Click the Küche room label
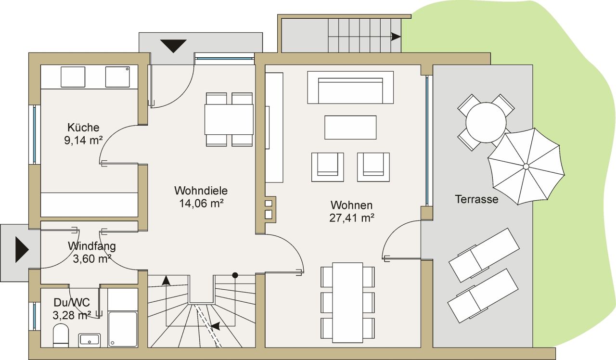pos(83,128)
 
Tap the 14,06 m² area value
pos(201,203)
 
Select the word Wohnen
pos(351,205)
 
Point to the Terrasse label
pos(476,199)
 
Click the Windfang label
pos(91,246)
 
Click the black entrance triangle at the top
pos(173,46)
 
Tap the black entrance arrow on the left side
pos(22,250)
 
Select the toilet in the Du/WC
pos(61,335)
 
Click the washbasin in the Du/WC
pos(89,340)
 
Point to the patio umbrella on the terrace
pos(526,167)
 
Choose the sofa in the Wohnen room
pos(350,88)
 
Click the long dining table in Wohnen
pos(347,302)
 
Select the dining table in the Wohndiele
pos(229,119)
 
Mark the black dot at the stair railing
pos(235,275)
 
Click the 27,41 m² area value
pos(352,218)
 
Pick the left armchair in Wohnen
pos(327,167)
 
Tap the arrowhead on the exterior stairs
pos(396,37)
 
